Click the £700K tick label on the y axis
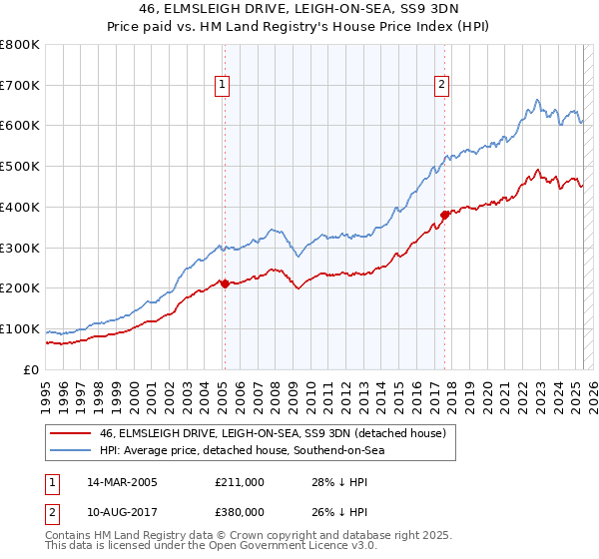20,86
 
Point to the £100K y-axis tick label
20,329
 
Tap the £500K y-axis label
20,167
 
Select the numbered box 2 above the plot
441,86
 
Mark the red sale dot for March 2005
225,283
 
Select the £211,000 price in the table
240,482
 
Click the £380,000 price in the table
240,512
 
